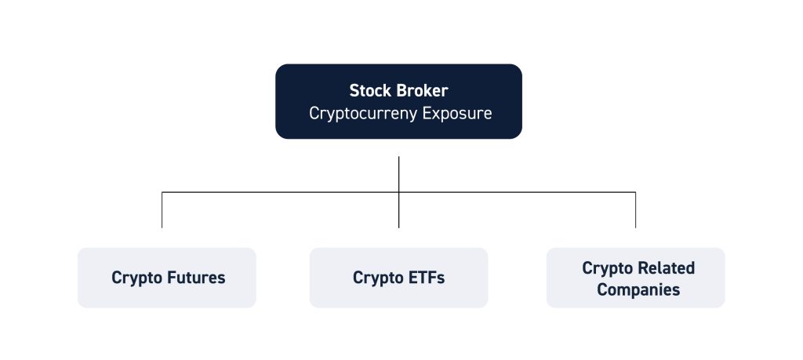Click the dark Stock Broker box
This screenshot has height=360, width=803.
[398, 101]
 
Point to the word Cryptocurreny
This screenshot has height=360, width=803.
[363, 113]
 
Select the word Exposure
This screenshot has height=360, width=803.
[457, 113]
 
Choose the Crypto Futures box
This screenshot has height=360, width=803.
[167, 278]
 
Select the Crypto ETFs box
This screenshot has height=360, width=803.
[398, 278]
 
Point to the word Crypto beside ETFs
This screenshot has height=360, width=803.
[379, 278]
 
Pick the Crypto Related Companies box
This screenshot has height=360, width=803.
[635, 278]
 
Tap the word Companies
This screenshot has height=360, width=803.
[638, 290]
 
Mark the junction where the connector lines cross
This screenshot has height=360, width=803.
[398, 192]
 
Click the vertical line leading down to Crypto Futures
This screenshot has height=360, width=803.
[162, 210]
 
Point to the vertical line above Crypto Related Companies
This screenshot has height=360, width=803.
[635, 210]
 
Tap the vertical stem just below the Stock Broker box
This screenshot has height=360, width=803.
[398, 175]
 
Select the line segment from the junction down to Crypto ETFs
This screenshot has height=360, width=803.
[398, 210]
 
